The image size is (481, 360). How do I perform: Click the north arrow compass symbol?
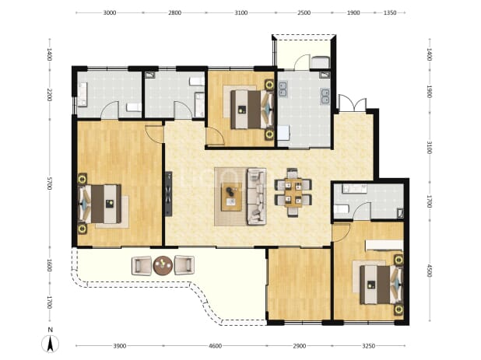coord(51,344)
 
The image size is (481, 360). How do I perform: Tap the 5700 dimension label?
coord(49,183)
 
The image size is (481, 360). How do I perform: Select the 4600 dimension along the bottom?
coord(215,346)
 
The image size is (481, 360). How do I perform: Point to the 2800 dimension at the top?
coord(175,12)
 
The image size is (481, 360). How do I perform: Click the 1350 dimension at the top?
coord(390,12)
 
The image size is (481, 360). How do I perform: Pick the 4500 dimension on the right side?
coord(429,271)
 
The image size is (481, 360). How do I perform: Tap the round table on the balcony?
coord(163,265)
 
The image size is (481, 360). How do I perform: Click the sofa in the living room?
coord(257,197)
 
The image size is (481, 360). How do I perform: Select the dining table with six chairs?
coord(293,192)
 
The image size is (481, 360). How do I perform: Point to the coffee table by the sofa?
coord(232,197)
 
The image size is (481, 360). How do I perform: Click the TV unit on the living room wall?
coord(168,194)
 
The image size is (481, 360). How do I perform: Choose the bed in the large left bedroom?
coord(100,204)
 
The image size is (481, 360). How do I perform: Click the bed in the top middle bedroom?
coord(252,110)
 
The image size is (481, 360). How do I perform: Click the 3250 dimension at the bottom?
coord(368,346)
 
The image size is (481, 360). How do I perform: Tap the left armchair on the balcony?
coord(142,265)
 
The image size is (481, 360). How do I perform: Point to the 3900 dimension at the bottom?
coord(120,346)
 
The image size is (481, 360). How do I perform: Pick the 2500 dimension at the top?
coord(304,12)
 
